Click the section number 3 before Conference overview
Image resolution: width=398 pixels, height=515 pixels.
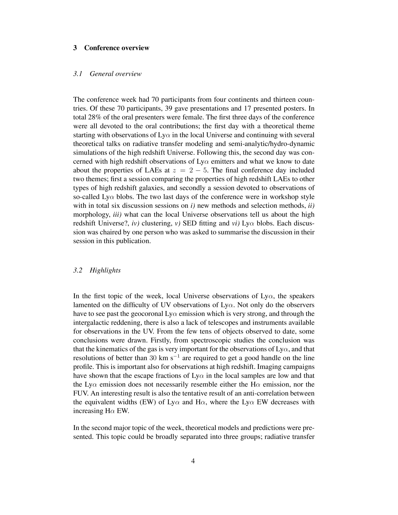coord(75,48)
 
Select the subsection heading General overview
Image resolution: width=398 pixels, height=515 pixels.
coord(115,74)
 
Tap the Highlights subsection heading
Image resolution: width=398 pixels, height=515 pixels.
coord(105,270)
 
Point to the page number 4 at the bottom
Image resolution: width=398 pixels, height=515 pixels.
coord(193,461)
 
